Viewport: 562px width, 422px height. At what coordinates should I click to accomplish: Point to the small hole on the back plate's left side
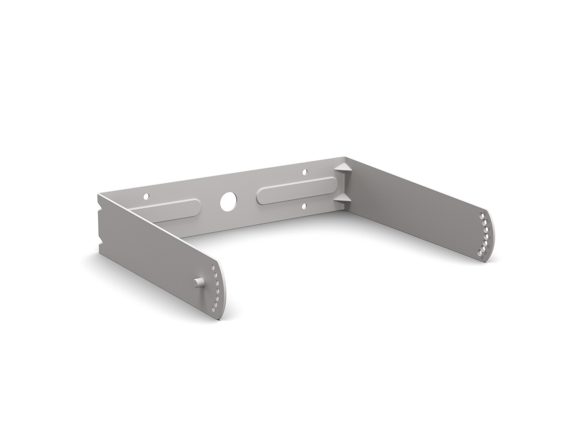(x=146, y=196)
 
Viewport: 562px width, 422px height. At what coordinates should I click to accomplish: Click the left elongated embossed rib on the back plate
(x=168, y=209)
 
